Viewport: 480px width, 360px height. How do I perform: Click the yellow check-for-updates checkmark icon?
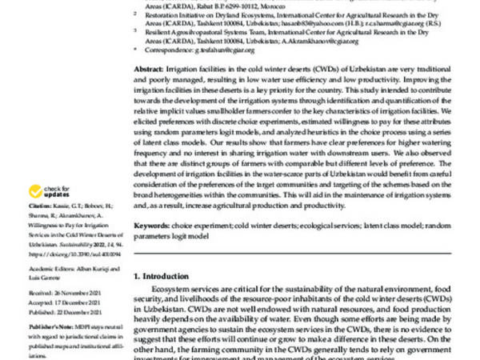pyautogui.click(x=35, y=191)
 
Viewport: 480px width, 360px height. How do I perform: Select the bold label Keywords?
pyautogui.click(x=150, y=227)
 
